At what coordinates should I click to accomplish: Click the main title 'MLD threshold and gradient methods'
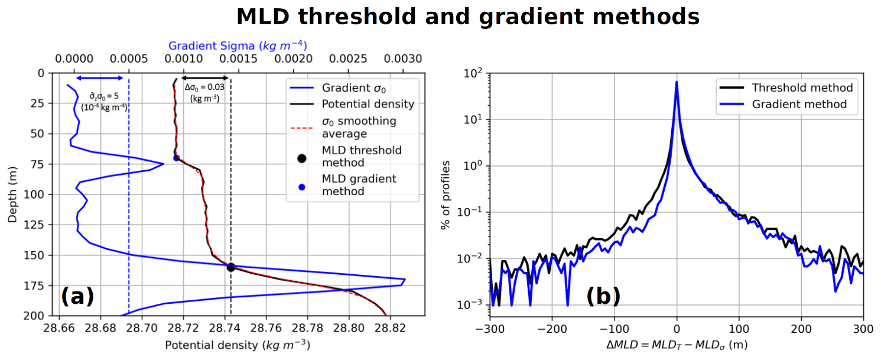coord(468,17)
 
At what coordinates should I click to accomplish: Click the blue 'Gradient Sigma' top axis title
coord(238,46)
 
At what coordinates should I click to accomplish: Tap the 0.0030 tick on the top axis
coord(403,59)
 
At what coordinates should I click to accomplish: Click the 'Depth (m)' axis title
coord(12,194)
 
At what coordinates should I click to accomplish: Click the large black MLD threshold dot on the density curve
coord(231,267)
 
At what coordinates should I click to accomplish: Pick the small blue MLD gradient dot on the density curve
coord(176,158)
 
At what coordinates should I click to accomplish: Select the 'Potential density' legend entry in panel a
coord(368,104)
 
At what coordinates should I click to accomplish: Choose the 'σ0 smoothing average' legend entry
coord(359,128)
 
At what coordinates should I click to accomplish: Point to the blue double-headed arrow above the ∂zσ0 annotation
coord(99,78)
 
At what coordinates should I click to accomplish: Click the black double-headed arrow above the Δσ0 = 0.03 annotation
coord(204,78)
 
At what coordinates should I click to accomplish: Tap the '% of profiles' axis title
coord(448,194)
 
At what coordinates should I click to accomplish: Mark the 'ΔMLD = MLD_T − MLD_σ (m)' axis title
coord(677,345)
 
